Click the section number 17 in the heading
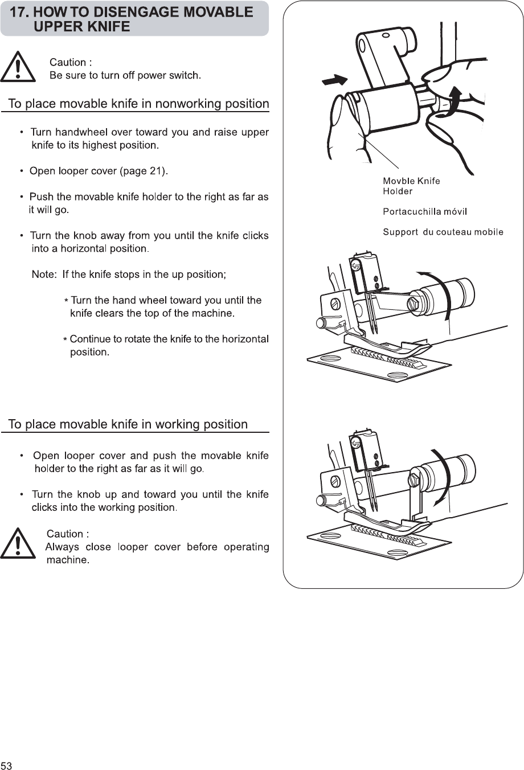point(19,13)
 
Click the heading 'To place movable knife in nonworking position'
point(138,104)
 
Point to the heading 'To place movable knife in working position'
point(128,424)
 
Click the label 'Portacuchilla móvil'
point(425,212)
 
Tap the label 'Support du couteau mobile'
point(443,232)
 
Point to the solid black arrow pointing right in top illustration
point(335,80)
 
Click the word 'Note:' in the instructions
point(44,275)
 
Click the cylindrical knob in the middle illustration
point(452,292)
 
